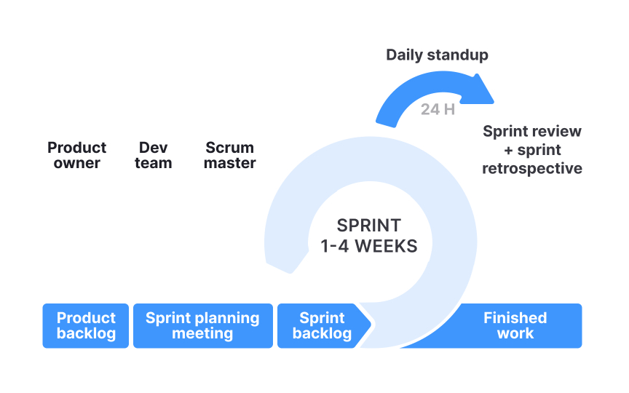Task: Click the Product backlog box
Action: click(x=86, y=326)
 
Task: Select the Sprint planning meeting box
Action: click(x=202, y=326)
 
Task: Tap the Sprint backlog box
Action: click(x=322, y=326)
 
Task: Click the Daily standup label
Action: click(x=437, y=55)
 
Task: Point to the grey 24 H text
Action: click(x=438, y=110)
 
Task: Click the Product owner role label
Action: click(x=76, y=155)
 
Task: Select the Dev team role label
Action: click(x=153, y=155)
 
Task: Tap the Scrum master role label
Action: click(x=229, y=155)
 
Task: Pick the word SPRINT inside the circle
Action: click(x=368, y=226)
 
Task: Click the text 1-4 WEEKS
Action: click(x=369, y=246)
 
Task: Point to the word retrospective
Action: click(x=532, y=168)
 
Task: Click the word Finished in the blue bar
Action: click(x=515, y=318)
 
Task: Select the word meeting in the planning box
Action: click(x=202, y=334)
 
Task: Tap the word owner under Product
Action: click(x=76, y=164)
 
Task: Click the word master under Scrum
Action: click(x=229, y=164)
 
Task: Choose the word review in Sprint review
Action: click(x=556, y=132)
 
